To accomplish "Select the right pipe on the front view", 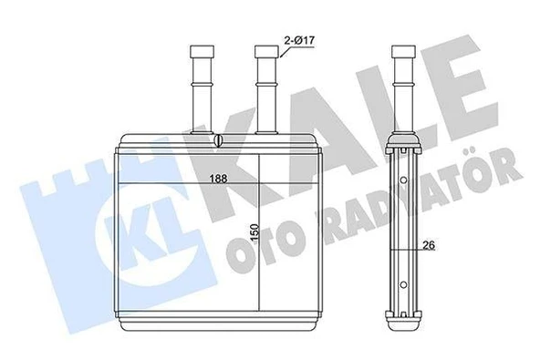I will click(x=265, y=87).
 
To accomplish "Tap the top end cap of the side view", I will click(x=402, y=142).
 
